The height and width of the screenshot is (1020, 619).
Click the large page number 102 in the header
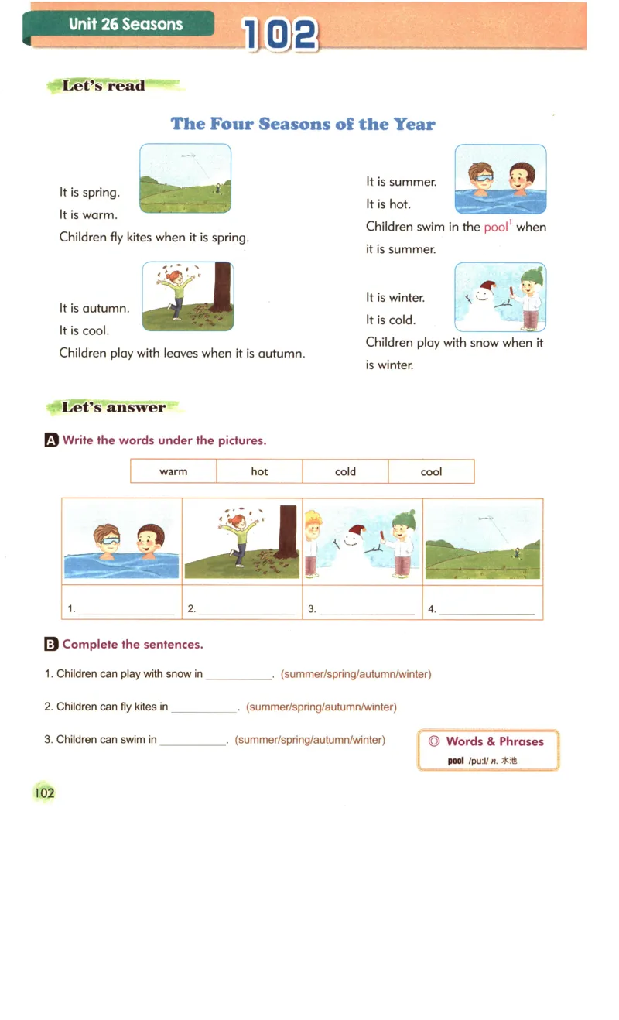tap(280, 35)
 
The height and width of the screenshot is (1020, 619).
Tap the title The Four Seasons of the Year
tap(303, 124)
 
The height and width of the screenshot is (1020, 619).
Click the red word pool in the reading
tap(496, 227)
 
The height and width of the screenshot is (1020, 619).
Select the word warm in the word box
tap(173, 471)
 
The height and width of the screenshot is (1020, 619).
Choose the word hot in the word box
tap(259, 471)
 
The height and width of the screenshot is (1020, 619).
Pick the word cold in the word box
tap(345, 471)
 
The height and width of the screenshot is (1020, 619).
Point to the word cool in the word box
tap(431, 471)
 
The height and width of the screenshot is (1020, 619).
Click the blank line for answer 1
tap(126, 611)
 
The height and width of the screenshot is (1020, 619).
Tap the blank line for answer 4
tap(487, 611)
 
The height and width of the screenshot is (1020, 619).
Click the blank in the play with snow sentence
tap(239, 676)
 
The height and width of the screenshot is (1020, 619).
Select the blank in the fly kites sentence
tap(204, 708)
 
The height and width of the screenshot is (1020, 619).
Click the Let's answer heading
tap(113, 407)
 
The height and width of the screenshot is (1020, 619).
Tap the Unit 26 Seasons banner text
tap(125, 24)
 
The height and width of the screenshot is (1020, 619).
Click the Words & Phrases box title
tap(494, 741)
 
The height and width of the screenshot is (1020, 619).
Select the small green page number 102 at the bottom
tap(45, 792)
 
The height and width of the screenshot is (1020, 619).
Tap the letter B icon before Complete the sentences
tap(51, 644)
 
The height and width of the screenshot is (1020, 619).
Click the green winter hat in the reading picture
tap(533, 276)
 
